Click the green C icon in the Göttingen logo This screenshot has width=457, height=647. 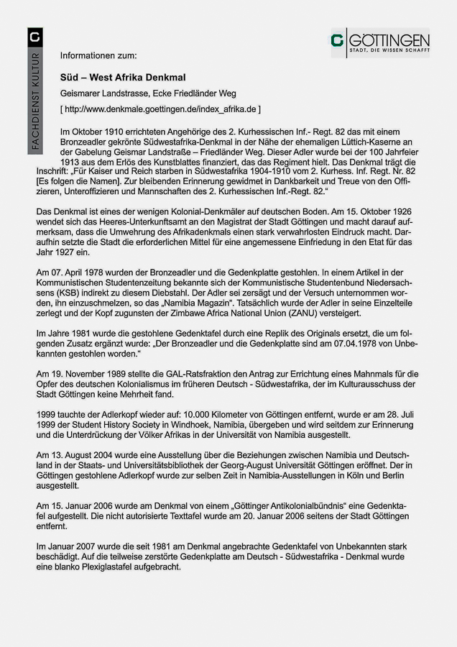point(337,42)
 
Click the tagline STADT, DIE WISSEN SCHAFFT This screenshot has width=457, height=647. point(389,50)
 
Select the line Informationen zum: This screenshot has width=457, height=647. point(98,55)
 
